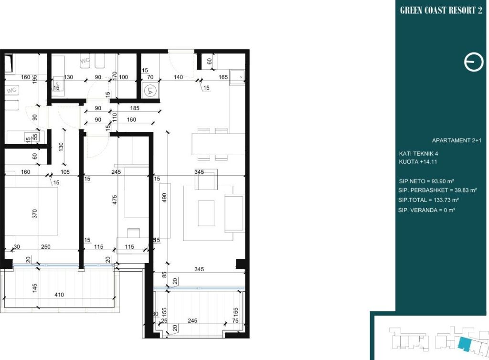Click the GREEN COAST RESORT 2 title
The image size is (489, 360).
click(x=441, y=11)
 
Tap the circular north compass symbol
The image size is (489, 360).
click(x=474, y=63)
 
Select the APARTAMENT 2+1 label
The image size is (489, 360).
click(x=457, y=140)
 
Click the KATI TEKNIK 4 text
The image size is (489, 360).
click(x=418, y=154)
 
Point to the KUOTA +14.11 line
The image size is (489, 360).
click(x=418, y=162)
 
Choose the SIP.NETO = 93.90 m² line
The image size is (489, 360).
click(x=426, y=181)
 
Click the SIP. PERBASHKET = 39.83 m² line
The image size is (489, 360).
click(x=437, y=190)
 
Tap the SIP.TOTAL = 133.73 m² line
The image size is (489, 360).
click(x=428, y=200)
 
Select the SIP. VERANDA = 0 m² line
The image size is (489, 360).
click(x=426, y=210)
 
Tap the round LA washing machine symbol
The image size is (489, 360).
click(x=150, y=91)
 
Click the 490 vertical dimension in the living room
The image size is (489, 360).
click(x=164, y=198)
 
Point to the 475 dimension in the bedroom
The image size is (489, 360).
click(x=115, y=200)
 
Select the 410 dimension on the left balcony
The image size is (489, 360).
click(x=59, y=295)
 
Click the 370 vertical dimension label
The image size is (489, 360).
click(x=34, y=214)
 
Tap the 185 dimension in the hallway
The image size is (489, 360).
click(x=135, y=108)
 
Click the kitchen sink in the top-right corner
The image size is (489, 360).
click(x=237, y=77)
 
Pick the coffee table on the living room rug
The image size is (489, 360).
click(x=206, y=213)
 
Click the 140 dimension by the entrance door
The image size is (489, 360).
click(x=178, y=77)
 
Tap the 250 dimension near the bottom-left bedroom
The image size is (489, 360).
click(x=45, y=246)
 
